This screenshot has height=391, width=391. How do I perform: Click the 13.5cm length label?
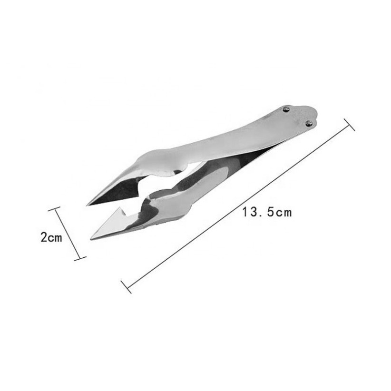(x=267, y=212)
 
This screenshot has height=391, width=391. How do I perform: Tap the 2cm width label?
(x=51, y=237)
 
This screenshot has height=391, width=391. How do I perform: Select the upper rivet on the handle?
(x=286, y=108)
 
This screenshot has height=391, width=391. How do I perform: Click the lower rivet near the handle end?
(x=309, y=123)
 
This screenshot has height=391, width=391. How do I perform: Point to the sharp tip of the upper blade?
(x=87, y=205)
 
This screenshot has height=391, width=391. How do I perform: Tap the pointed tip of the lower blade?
(x=91, y=240)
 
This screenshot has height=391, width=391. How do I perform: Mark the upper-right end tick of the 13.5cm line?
(x=349, y=125)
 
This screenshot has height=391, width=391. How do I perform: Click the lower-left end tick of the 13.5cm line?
(x=126, y=287)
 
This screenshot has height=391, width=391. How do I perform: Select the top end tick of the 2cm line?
(x=54, y=208)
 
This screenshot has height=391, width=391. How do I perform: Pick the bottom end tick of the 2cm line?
(x=80, y=258)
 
